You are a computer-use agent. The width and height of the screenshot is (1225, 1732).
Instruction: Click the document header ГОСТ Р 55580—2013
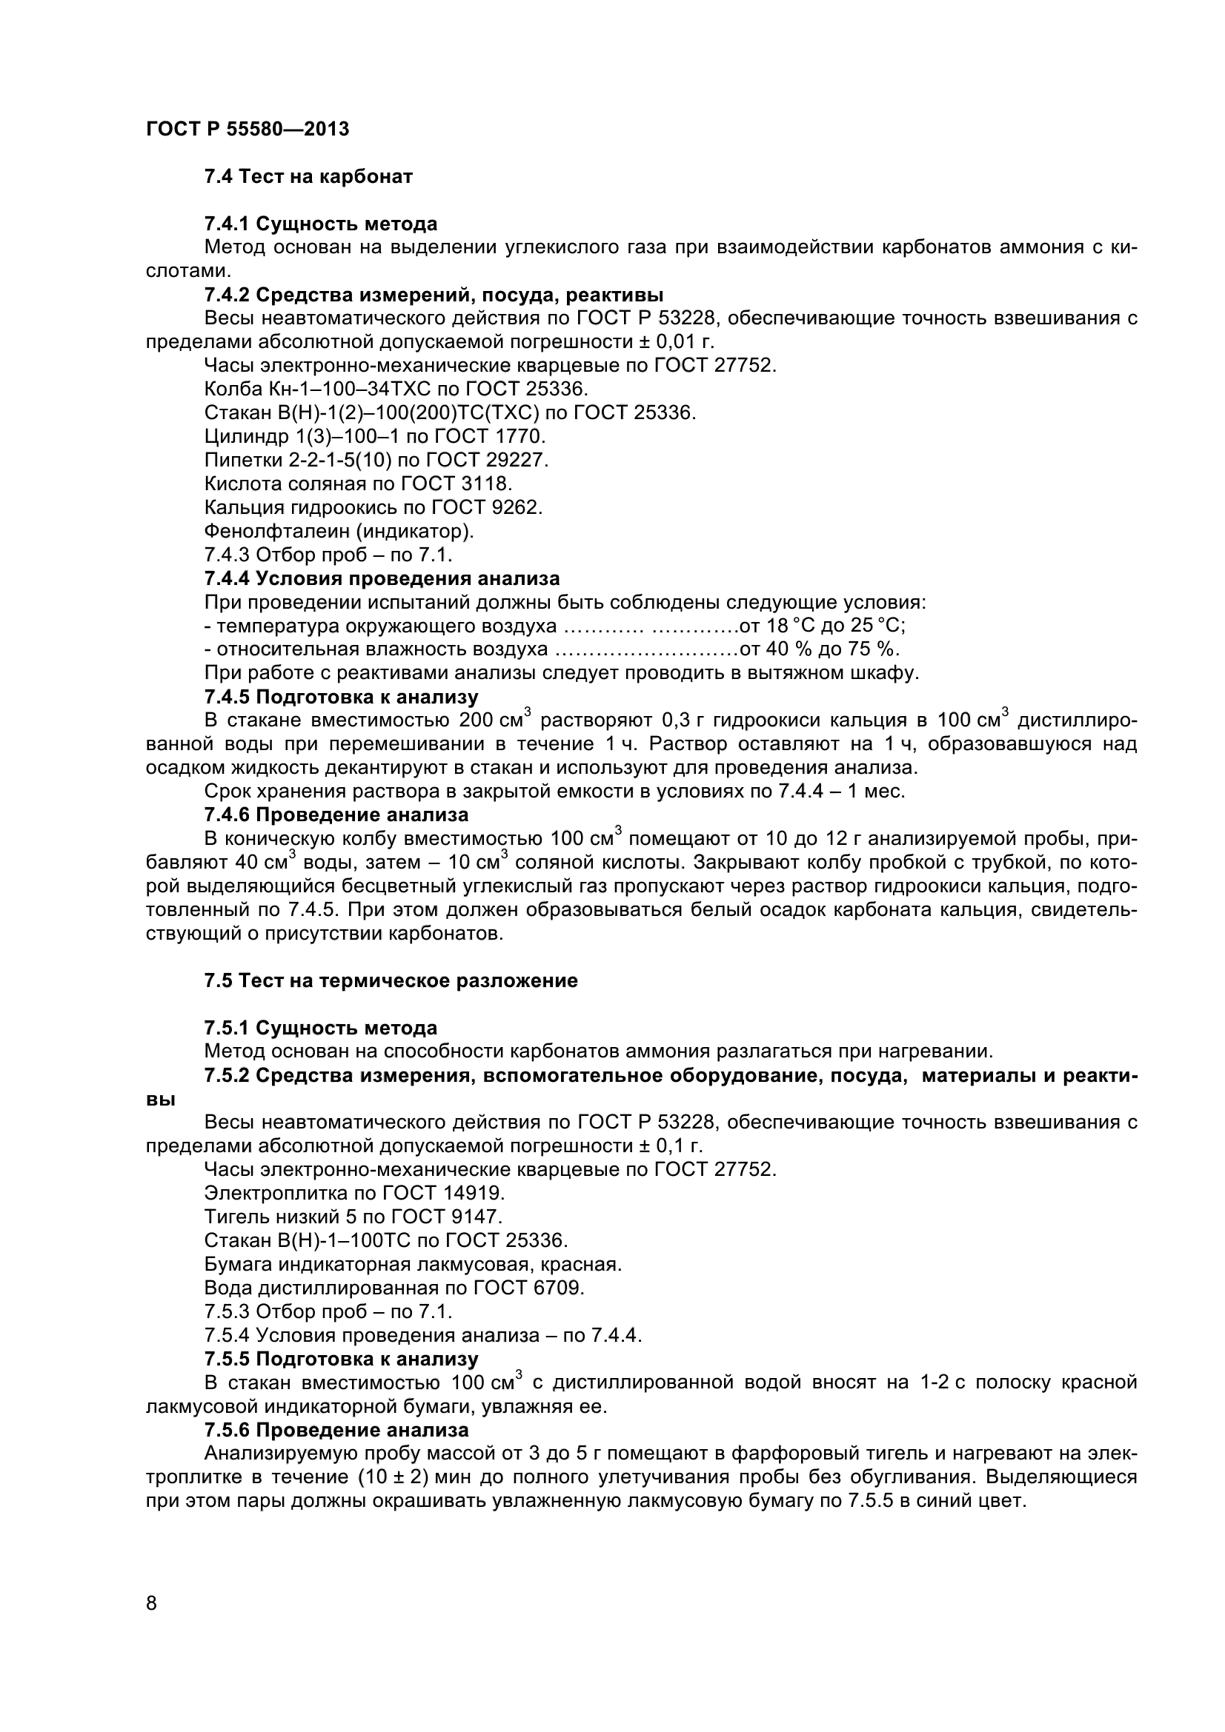pos(248,129)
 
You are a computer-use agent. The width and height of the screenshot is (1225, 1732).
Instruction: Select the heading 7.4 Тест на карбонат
pos(309,176)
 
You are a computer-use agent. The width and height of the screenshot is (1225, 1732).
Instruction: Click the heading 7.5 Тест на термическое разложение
pos(391,980)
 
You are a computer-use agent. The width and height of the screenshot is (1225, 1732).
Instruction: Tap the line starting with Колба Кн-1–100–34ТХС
pos(396,389)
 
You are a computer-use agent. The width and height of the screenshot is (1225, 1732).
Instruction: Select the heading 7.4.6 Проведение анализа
pos(336,815)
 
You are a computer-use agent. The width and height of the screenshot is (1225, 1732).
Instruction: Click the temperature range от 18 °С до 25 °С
pos(823,626)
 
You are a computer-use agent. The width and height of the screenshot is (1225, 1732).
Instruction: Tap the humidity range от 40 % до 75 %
pos(820,649)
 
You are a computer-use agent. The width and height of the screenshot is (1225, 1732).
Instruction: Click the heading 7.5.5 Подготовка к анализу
pos(341,1359)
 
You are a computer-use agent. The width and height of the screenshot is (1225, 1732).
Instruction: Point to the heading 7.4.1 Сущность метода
pos(321,224)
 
